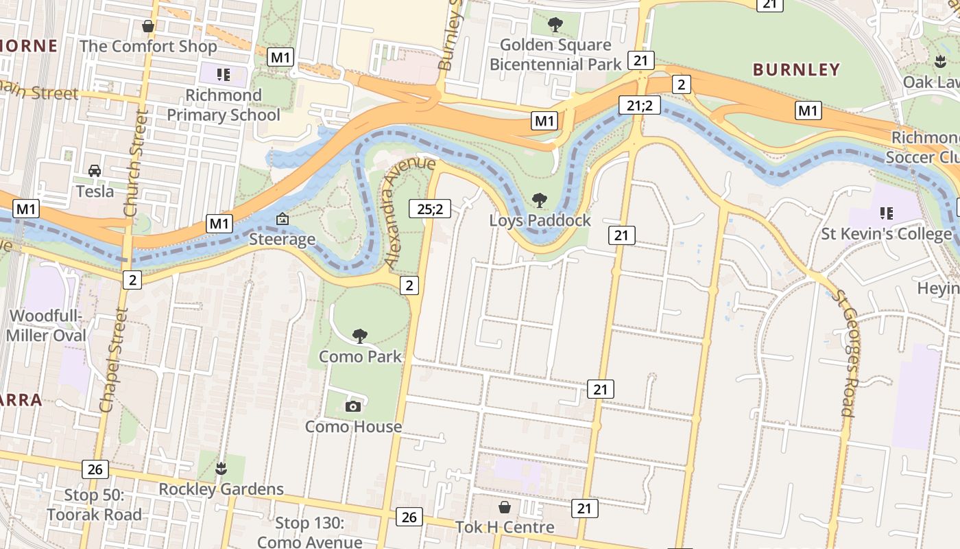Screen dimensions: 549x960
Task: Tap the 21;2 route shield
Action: [639, 105]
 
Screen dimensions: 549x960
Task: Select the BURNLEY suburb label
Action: [796, 69]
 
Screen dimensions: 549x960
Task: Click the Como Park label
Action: [360, 357]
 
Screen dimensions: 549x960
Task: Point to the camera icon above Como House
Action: [353, 406]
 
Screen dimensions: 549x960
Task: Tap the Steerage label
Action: [282, 239]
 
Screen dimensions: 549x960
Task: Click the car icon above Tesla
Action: [95, 171]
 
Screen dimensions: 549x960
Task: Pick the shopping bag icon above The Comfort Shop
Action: [147, 27]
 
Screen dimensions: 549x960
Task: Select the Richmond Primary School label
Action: [224, 105]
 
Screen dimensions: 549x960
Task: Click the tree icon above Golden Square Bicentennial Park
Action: [555, 25]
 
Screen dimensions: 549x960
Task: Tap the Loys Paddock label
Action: [540, 220]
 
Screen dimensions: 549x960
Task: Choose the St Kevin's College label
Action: [887, 234]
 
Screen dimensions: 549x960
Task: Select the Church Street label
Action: [136, 163]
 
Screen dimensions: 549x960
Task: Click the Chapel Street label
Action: [114, 360]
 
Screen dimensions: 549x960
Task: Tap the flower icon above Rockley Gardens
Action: [221, 469]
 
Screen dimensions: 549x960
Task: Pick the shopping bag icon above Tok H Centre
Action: [505, 507]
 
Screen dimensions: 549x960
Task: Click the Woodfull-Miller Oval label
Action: [47, 325]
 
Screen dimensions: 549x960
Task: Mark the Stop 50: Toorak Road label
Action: [94, 504]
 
